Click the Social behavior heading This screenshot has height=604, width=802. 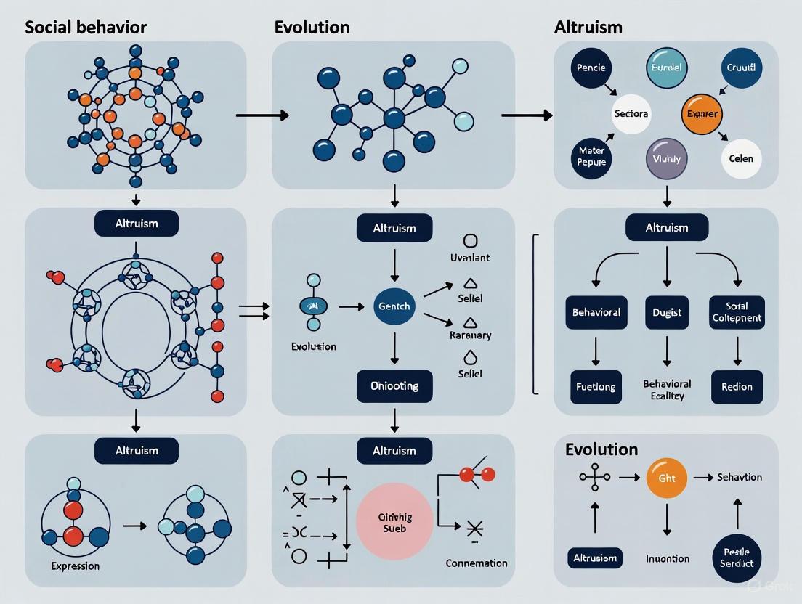pyautogui.click(x=86, y=28)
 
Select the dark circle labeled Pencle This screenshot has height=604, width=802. pyautogui.click(x=591, y=68)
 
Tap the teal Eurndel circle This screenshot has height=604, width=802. pyautogui.click(x=666, y=68)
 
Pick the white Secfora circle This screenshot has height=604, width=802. pyautogui.click(x=631, y=114)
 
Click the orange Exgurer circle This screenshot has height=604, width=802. pyautogui.click(x=701, y=114)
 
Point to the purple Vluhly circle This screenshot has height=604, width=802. pyautogui.click(x=666, y=158)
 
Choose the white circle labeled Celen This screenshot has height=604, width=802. pyautogui.click(x=741, y=158)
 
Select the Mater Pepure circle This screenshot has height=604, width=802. pyautogui.click(x=591, y=158)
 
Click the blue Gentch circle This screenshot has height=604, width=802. pyautogui.click(x=394, y=306)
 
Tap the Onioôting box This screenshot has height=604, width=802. pyautogui.click(x=394, y=385)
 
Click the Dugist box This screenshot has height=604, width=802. pyautogui.click(x=666, y=312)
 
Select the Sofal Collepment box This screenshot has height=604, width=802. pyautogui.click(x=737, y=312)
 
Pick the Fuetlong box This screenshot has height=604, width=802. pyautogui.click(x=596, y=385)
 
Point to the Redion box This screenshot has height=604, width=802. pyautogui.click(x=737, y=385)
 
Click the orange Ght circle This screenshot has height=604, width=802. pyautogui.click(x=666, y=477)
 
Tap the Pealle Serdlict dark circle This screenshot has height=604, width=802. pyautogui.click(x=737, y=557)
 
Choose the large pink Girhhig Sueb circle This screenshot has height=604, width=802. pyautogui.click(x=395, y=522)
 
